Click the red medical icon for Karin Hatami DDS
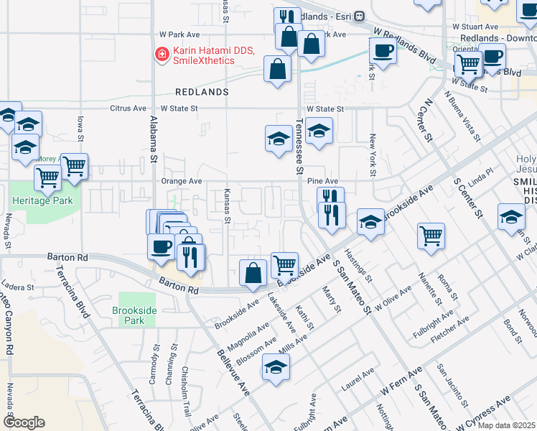(x=162, y=54)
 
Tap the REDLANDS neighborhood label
(x=202, y=93)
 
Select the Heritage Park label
(x=41, y=201)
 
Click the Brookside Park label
(x=129, y=315)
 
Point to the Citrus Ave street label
(x=126, y=108)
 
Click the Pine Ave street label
(x=322, y=182)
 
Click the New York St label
(x=373, y=155)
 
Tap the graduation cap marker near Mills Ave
(x=276, y=368)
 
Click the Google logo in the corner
(x=24, y=422)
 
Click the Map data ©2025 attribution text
(x=505, y=425)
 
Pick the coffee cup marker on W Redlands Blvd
(x=382, y=51)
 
